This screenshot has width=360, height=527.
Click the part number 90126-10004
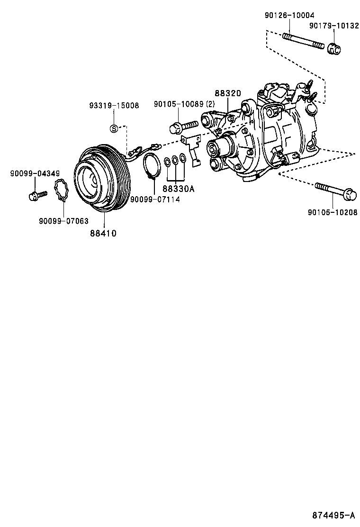(x=289, y=15)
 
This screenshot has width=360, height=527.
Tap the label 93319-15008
(x=114, y=105)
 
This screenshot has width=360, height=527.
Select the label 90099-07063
(x=64, y=221)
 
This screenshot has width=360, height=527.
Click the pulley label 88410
(x=103, y=233)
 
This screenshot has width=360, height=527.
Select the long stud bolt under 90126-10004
(x=303, y=40)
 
